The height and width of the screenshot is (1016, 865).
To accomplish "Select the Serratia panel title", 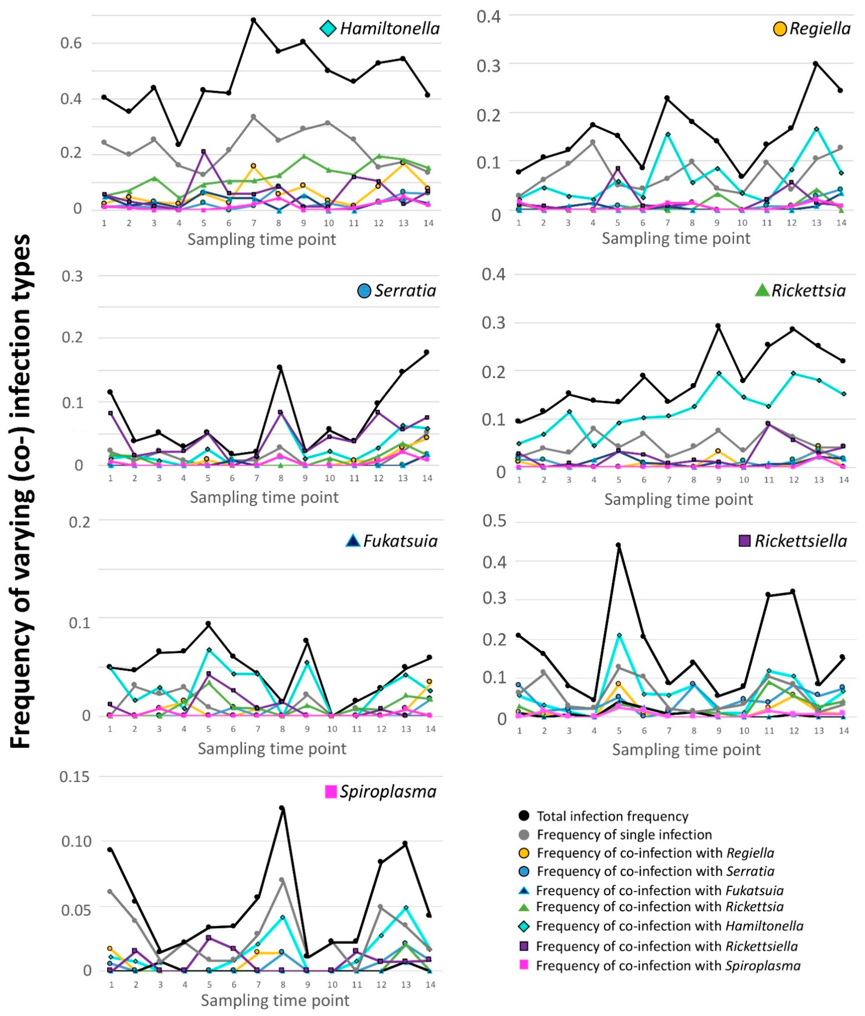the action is tap(405, 291).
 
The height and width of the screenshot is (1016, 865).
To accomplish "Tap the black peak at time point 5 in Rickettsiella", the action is tap(618, 545).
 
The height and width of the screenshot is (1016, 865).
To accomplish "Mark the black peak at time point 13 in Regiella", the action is tap(816, 64).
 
